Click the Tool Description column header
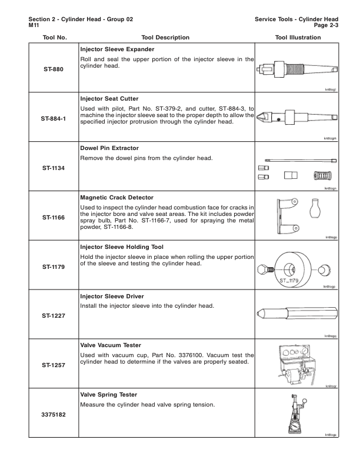164,37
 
